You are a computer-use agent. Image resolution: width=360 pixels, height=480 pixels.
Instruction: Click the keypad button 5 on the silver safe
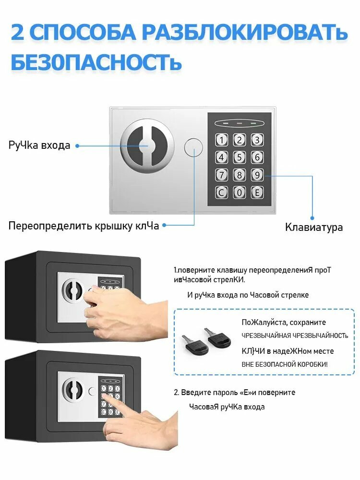pos(240,157)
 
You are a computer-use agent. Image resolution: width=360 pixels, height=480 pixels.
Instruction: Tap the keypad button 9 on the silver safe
pos(257,175)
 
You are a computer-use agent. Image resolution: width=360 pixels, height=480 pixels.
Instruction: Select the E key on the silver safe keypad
pos(257,192)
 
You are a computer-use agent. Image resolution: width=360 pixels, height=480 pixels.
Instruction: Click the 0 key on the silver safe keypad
pos(240,192)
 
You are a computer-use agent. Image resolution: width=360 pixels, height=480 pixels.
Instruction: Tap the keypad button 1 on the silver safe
pos(222,140)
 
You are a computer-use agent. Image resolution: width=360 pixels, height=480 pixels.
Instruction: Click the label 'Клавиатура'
pos(314,227)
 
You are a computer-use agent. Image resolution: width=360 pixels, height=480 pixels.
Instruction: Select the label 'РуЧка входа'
pos(39,145)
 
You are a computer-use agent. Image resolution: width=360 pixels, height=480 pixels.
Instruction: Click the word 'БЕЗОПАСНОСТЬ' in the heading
pos(96,63)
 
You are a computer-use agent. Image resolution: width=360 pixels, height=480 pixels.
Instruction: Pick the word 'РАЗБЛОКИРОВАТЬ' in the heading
pos(245,33)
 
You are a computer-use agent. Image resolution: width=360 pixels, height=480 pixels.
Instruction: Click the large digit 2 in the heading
pos(18,33)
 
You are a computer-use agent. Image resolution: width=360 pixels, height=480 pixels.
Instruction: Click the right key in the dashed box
pos(218,337)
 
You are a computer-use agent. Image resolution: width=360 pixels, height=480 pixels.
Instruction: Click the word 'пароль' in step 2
pos(222,392)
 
